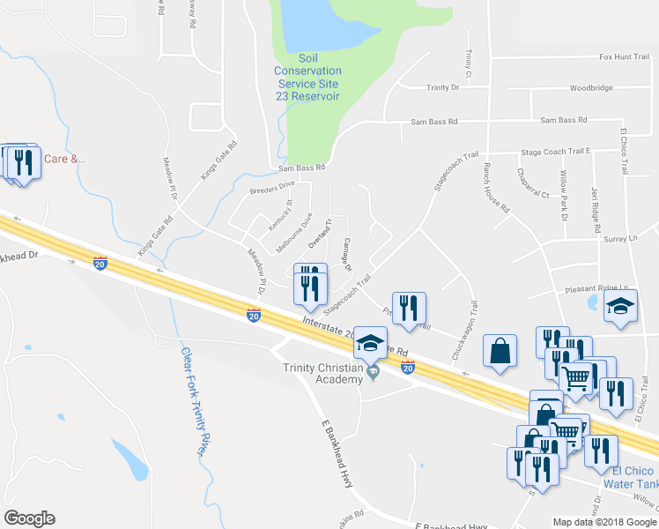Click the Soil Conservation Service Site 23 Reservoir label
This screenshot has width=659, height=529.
[x=307, y=77]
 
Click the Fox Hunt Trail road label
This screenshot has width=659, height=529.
[x=624, y=56]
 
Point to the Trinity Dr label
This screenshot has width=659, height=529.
[x=443, y=88]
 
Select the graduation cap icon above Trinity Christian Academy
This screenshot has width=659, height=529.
[x=370, y=342]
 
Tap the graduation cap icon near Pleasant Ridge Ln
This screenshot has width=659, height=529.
[x=620, y=308]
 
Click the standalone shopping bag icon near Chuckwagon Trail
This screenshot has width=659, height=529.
[x=500, y=350]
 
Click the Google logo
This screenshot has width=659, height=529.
[x=29, y=518]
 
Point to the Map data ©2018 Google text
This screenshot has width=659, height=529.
[x=604, y=522]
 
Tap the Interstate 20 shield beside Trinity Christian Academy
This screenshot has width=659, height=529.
[x=407, y=366]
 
